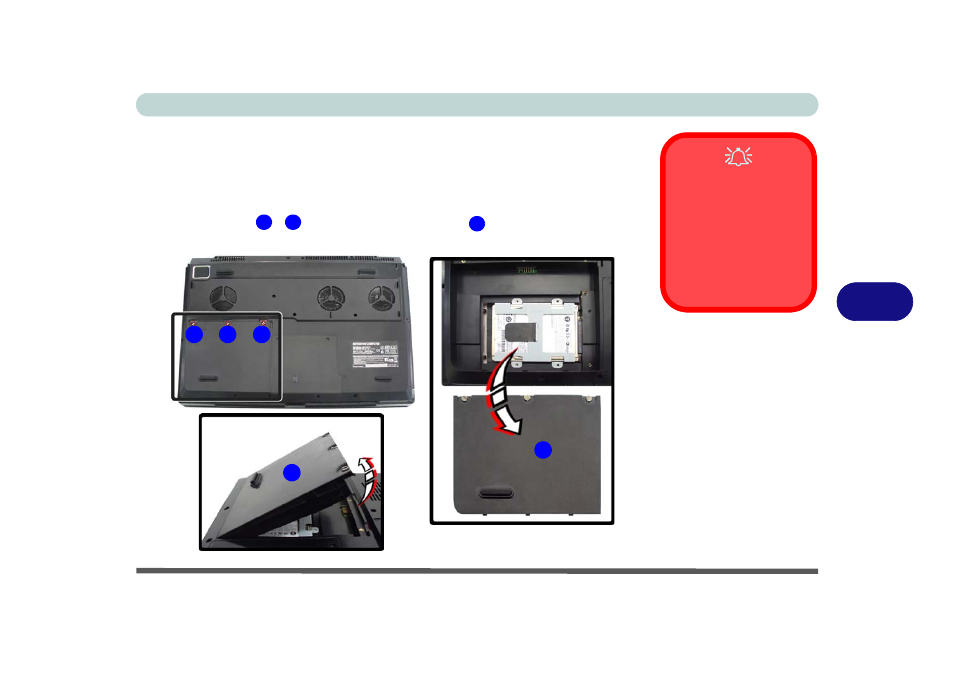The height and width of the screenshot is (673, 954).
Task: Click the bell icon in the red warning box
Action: pos(737,156)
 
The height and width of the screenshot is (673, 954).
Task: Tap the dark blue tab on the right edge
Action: pos(874,301)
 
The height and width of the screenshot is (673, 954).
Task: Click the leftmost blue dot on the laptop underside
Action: pos(195,334)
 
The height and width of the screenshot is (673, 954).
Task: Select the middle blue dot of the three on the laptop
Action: pos(228,335)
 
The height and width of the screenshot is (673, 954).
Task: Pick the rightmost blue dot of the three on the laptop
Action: pos(261,335)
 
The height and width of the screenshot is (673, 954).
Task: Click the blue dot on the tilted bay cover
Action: pos(291,472)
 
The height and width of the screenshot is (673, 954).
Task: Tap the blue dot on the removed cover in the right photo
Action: pos(542,450)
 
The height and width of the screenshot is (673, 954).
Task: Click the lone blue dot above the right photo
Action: pos(477,223)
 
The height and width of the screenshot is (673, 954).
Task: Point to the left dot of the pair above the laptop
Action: pos(264,222)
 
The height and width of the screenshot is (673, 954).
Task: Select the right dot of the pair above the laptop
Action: pos(293,222)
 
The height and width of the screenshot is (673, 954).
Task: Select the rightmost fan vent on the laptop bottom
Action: pos(380,297)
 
